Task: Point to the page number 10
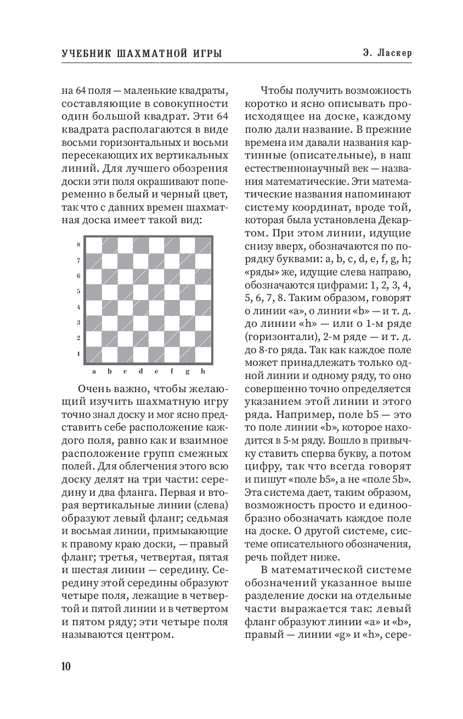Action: [66, 666]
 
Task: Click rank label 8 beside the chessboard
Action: [79, 245]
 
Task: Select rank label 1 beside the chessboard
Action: [79, 353]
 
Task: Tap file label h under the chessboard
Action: [203, 371]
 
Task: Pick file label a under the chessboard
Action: [94, 371]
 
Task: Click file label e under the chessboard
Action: [156, 371]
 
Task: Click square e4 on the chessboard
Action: [156, 307]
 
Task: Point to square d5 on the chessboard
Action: [141, 292]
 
